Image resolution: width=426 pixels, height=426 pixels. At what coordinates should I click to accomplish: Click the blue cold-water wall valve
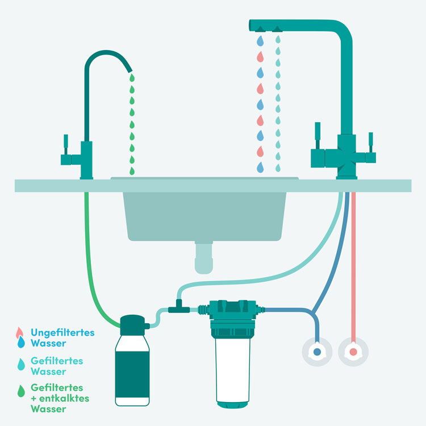coord(317,352)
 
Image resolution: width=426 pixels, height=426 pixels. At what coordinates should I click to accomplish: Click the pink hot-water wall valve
coord(353,352)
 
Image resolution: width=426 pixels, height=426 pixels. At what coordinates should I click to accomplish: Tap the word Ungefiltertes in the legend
coord(62,333)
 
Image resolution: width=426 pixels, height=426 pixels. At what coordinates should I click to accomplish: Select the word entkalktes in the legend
coord(64,398)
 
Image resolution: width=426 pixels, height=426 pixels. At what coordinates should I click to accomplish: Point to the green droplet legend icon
coord(21,391)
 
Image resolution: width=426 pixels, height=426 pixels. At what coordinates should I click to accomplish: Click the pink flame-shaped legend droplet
coord(19,332)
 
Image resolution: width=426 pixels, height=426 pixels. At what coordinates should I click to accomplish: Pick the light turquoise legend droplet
coord(21,364)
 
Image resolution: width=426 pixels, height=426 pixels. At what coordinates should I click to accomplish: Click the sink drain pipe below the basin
coord(204,257)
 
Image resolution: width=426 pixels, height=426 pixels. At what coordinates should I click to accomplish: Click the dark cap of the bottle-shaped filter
coord(132,325)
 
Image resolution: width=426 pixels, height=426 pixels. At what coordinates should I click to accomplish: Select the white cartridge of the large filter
coord(232,370)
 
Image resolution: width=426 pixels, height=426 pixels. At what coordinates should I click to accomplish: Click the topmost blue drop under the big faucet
coord(260,41)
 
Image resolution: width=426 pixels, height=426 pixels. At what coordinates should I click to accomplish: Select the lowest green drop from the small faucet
coord(132,171)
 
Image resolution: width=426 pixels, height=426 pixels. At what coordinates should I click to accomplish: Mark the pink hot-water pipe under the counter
coord(353,267)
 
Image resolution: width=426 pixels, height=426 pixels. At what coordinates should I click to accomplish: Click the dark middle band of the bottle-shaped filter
coord(132,374)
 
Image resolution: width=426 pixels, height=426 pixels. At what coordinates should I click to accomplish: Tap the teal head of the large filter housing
coord(232,309)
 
